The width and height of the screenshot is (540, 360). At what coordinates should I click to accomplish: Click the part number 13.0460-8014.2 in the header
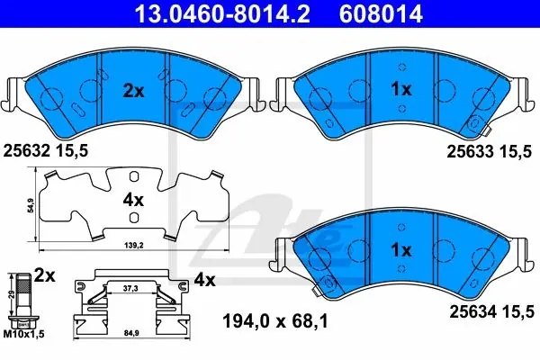tap(222, 14)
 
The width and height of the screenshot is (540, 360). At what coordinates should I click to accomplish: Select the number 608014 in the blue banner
tap(381, 14)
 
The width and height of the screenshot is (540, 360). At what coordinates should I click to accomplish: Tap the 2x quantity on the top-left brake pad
tap(133, 91)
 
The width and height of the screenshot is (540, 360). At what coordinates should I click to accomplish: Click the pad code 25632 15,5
tap(46, 150)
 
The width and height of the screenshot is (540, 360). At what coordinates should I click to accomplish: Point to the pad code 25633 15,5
tap(490, 151)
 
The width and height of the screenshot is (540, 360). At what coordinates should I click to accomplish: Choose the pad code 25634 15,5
tap(492, 312)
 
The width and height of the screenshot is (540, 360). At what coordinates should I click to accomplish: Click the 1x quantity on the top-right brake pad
tap(401, 90)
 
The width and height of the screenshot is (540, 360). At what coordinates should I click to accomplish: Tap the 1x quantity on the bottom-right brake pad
tap(401, 250)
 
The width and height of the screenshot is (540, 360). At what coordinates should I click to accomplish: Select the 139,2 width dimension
tap(133, 246)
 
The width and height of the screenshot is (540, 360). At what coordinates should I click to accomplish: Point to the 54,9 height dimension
tap(31, 206)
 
